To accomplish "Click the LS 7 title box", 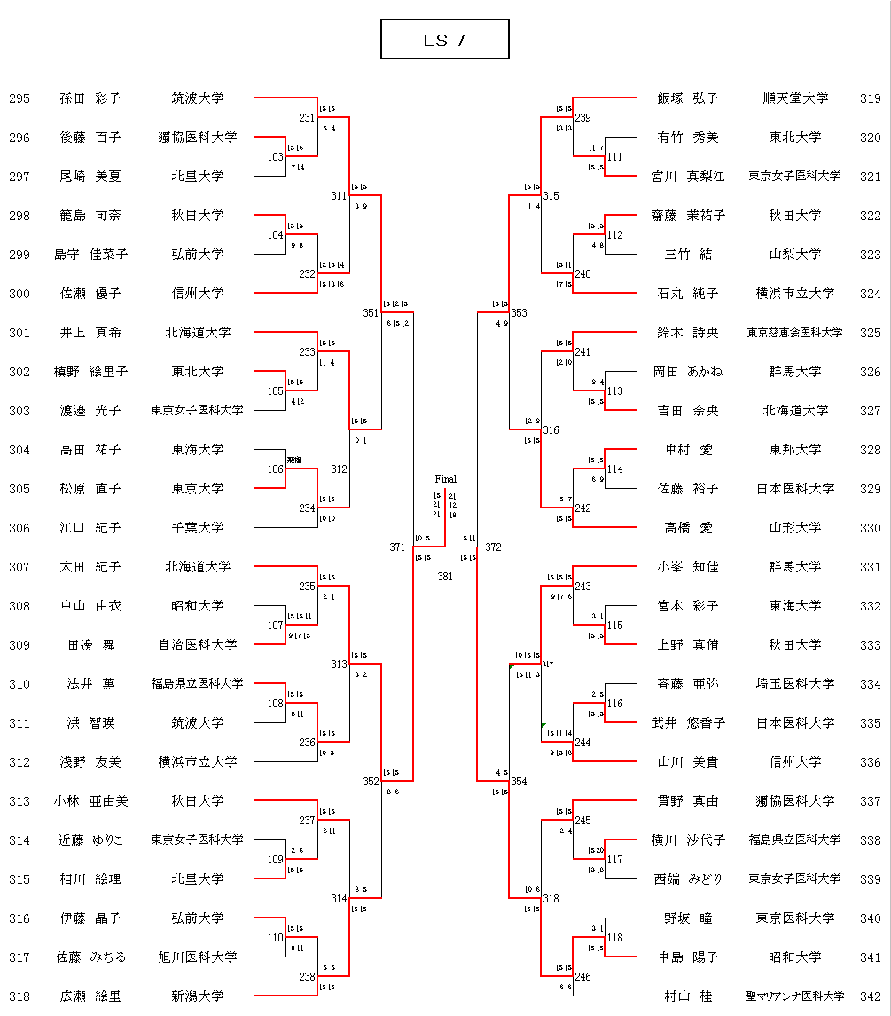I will (444, 40).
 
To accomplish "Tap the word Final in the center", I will (445, 479).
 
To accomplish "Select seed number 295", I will (20, 98).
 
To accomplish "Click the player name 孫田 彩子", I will (90, 98).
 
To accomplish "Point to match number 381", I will (445, 576).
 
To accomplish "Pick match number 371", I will (397, 547).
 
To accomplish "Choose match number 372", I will (493, 547).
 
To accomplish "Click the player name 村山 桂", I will (688, 996).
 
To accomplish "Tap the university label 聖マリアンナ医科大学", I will (795, 996).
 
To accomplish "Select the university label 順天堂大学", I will (795, 98).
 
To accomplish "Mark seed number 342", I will (870, 996).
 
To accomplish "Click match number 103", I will (276, 157).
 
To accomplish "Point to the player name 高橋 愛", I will (688, 528).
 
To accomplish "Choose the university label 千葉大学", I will (198, 528).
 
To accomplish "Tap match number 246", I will (582, 977).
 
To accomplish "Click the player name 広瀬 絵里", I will (90, 996).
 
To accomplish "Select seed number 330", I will (870, 528).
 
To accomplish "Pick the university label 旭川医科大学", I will (198, 957).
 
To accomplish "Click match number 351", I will (371, 313).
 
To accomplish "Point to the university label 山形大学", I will (795, 528).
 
